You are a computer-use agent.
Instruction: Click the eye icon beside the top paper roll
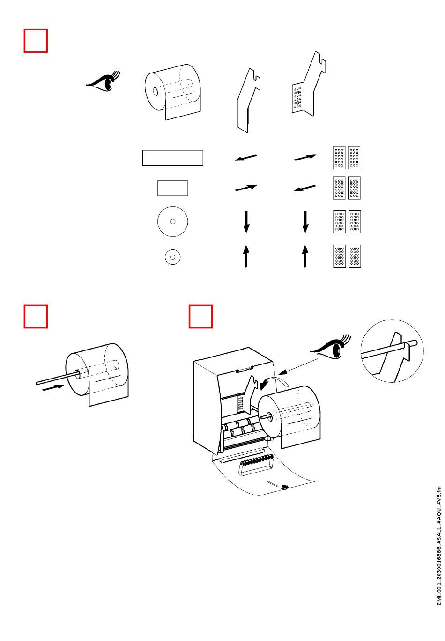tap(104, 81)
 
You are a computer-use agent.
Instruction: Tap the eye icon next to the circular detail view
tap(330, 347)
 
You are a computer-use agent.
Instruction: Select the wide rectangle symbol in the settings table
tap(172, 158)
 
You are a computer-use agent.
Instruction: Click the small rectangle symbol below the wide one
tap(172, 188)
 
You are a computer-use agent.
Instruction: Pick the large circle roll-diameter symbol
tap(172, 221)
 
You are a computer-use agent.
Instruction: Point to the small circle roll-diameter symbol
tap(172, 257)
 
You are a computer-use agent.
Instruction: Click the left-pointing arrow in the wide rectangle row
tap(246, 158)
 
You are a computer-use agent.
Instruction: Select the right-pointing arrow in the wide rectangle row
tap(305, 158)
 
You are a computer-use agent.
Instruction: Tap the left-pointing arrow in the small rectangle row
tap(305, 188)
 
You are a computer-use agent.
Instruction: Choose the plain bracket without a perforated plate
tap(248, 101)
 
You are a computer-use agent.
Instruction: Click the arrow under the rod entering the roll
tap(53, 388)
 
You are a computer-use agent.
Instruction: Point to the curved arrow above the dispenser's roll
tap(272, 381)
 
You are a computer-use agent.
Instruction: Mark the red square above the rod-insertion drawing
tap(36, 316)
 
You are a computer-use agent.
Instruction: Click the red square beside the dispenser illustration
tap(200, 316)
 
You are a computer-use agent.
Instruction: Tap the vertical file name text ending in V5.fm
tap(439, 546)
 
